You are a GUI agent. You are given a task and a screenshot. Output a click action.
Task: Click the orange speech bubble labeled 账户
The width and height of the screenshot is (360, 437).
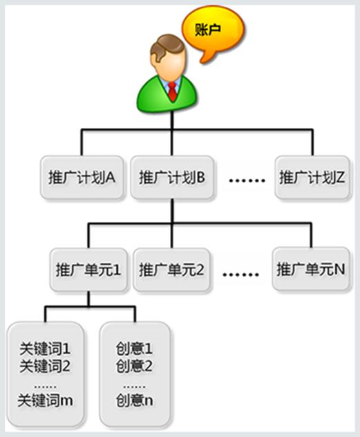pyautogui.click(x=213, y=31)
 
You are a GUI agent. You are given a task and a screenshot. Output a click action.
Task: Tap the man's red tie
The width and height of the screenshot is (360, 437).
pyautogui.click(x=172, y=91)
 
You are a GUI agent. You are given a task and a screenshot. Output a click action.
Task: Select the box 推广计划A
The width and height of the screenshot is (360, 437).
pyautogui.click(x=82, y=177)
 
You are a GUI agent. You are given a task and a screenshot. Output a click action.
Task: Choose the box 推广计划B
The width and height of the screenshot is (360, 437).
pyautogui.click(x=172, y=177)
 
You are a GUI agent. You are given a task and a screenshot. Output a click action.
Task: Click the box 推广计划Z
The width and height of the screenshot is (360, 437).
pyautogui.click(x=312, y=177)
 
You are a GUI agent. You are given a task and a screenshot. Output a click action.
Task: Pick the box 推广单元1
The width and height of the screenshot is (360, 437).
pyautogui.click(x=88, y=270)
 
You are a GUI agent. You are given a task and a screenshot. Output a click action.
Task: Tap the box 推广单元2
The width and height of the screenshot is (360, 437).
pyautogui.click(x=171, y=270)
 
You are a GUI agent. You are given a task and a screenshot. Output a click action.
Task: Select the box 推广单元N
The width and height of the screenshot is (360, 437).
pyautogui.click(x=311, y=269)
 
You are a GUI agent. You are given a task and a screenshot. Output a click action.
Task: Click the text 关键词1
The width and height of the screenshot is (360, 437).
pyautogui.click(x=45, y=348)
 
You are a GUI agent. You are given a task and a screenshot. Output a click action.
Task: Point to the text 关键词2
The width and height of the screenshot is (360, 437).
pyautogui.click(x=45, y=366)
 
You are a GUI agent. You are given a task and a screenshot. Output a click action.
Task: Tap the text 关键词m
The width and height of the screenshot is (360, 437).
pyautogui.click(x=46, y=400)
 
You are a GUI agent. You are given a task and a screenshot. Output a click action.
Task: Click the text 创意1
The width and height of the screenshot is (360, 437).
pyautogui.click(x=135, y=348)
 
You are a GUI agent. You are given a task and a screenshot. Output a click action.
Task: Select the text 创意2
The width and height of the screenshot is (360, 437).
pyautogui.click(x=135, y=366)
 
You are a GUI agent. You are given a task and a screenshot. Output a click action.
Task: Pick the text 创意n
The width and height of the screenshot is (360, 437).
pyautogui.click(x=135, y=400)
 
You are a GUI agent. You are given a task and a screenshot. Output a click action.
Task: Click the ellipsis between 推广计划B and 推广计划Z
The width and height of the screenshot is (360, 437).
pyautogui.click(x=247, y=180)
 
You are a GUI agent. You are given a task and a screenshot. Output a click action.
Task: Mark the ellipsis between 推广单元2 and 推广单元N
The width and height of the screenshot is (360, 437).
pyautogui.click(x=241, y=275)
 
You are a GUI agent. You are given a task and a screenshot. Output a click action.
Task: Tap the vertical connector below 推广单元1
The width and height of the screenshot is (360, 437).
pyautogui.click(x=88, y=299)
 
